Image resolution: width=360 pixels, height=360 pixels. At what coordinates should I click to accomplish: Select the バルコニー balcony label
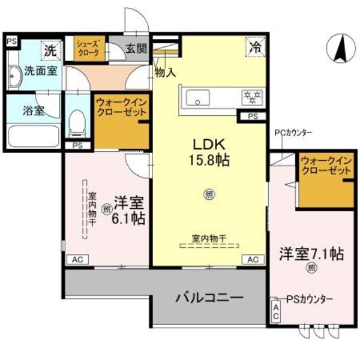pyautogui.click(x=209, y=298)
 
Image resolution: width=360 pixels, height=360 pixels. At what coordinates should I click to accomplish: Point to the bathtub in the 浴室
pyautogui.click(x=32, y=137)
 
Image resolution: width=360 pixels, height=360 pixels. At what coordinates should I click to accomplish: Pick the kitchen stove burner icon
pyautogui.click(x=248, y=97)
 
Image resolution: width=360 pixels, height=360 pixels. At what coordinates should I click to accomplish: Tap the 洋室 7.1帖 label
pyautogui.click(x=310, y=253)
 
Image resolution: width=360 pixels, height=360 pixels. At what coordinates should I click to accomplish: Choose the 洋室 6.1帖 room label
pyautogui.click(x=127, y=211)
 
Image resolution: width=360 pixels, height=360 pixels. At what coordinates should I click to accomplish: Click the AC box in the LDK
pyautogui.click(x=253, y=259)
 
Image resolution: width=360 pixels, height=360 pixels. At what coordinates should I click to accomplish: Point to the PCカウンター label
pyautogui.click(x=293, y=133)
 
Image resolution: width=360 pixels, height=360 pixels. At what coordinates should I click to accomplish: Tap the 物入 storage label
pyautogui.click(x=164, y=73)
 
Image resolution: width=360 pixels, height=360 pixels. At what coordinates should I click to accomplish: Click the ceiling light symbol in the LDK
pyautogui.click(x=209, y=194)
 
